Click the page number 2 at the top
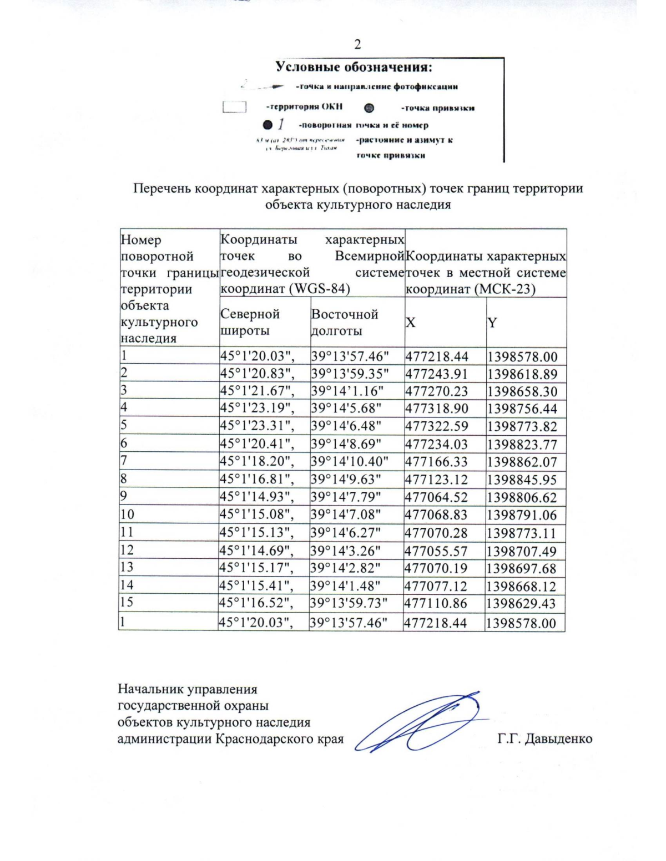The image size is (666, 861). tap(357, 44)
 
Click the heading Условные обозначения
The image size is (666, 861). tap(354, 68)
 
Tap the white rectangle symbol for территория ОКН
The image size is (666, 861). tap(234, 107)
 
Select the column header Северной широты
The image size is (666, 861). tap(250, 322)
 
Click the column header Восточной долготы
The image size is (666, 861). tap(344, 322)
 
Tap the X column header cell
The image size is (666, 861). tap(411, 323)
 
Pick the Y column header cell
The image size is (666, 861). tap(492, 323)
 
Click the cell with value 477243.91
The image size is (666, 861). tap(437, 374)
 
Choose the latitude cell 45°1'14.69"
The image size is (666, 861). tap(256, 551)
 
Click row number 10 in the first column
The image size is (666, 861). tap(127, 514)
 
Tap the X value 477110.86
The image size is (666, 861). tap(436, 604)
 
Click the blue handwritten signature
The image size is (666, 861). tap(422, 721)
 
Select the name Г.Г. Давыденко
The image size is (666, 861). tap(544, 738)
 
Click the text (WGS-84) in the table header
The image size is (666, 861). tap(317, 289)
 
